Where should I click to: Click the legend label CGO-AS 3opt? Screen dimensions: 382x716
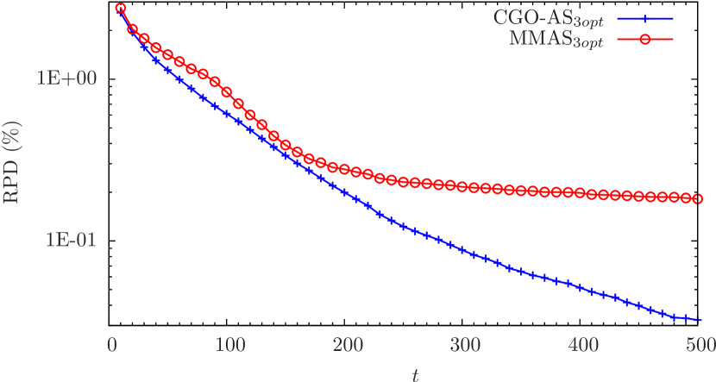[x=549, y=18]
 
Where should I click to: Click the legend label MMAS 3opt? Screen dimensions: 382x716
[x=554, y=41]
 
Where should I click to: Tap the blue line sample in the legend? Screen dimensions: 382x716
[x=645, y=17]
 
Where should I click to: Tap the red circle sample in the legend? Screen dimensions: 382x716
[x=645, y=40]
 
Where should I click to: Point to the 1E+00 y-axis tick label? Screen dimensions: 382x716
[x=66, y=78]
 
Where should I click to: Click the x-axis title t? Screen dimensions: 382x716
[x=416, y=373]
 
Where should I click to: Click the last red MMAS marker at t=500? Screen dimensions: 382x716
[x=699, y=198]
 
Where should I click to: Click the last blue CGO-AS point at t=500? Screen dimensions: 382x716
[x=699, y=320]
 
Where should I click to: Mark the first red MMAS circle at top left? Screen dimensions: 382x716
[x=121, y=9]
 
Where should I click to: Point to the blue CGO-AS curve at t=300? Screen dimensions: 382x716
[x=466, y=251]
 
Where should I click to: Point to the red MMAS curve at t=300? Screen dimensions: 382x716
[x=466, y=187]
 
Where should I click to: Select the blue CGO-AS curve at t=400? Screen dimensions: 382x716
[x=583, y=287]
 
